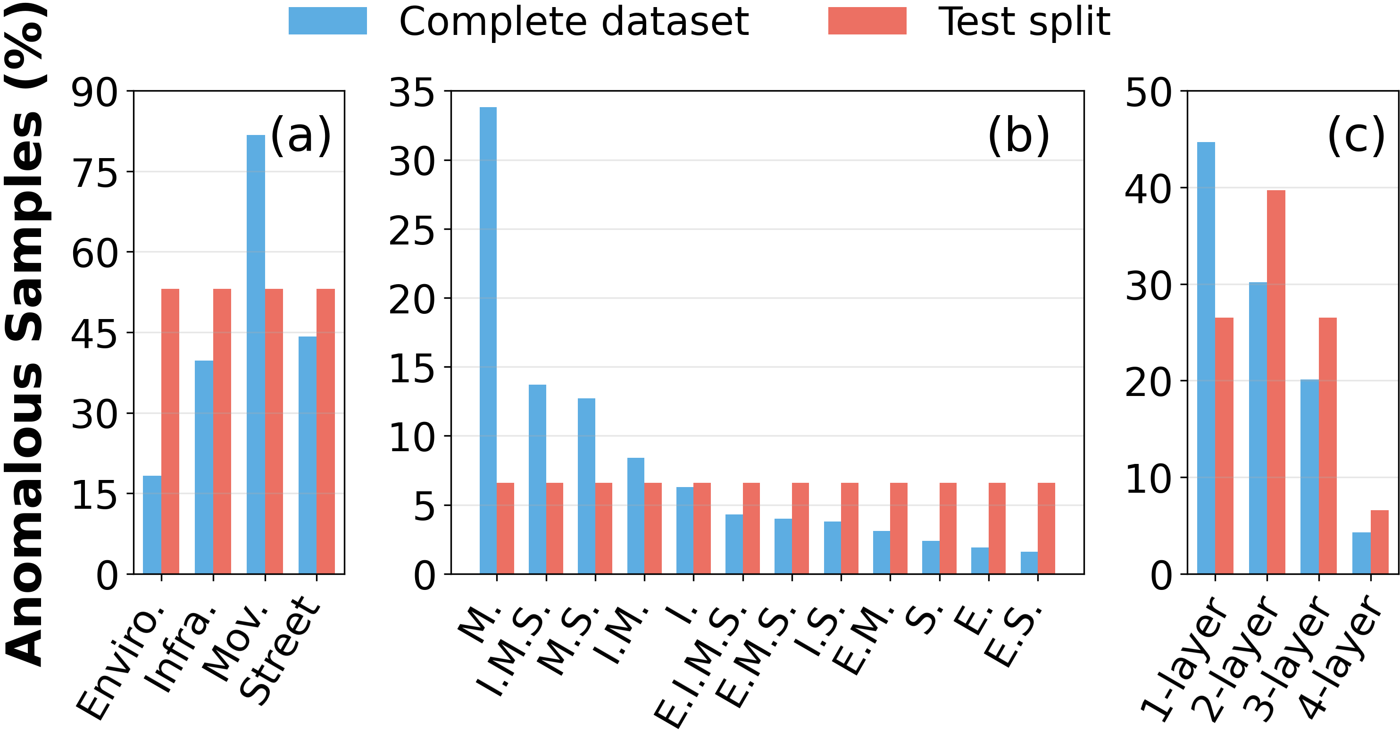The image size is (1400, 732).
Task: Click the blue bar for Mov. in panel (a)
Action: pos(256,354)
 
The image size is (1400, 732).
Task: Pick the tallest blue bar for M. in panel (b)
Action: pos(488,340)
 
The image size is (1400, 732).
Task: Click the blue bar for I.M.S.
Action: pos(538,479)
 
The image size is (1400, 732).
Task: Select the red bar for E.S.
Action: pos(1046,528)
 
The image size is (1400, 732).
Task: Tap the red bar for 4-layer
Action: pos(1379,542)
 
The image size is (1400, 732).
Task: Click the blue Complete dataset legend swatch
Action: pos(327,21)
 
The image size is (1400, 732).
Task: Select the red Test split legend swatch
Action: pos(867,21)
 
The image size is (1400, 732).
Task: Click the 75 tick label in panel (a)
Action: pos(94,174)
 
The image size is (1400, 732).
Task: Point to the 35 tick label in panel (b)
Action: pos(411,93)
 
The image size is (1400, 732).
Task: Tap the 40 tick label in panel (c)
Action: pos(1148,189)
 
